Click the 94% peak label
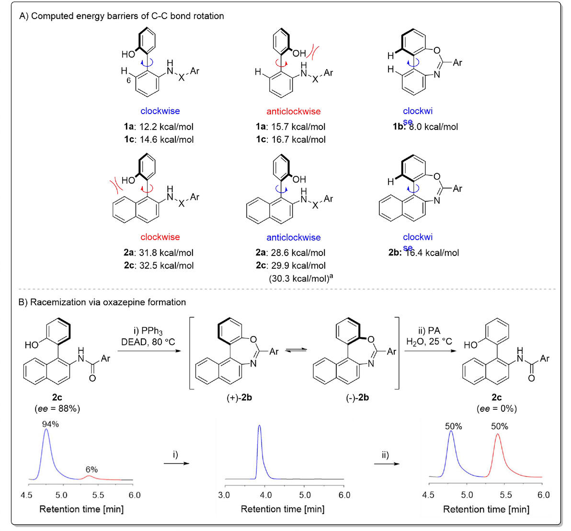(x=50, y=424)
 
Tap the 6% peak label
(x=91, y=469)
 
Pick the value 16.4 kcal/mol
(x=434, y=253)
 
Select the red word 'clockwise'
(x=160, y=237)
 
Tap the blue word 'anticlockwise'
(x=294, y=237)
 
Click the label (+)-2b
(x=240, y=397)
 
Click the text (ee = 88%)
(x=57, y=408)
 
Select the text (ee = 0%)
(x=497, y=408)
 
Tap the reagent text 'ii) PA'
(x=429, y=331)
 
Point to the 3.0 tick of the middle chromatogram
(x=224, y=495)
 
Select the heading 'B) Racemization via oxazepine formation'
(x=102, y=302)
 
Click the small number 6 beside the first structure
(x=129, y=81)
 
